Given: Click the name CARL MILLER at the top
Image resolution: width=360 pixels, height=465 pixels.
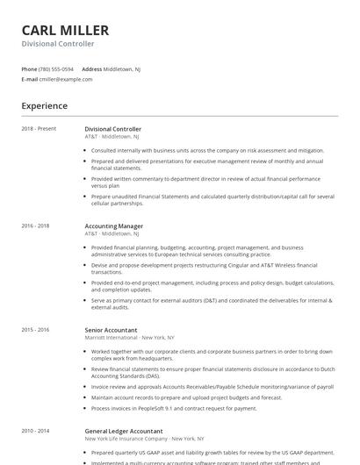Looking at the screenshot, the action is (x=65, y=31).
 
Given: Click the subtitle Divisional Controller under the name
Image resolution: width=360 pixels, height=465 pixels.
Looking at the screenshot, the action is (x=58, y=44).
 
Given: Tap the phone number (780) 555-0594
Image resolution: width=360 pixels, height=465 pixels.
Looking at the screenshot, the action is (x=57, y=68).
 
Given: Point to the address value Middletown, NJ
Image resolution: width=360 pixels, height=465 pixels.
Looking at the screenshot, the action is (x=122, y=68).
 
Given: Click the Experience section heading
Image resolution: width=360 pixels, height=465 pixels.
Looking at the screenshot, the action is (x=45, y=106).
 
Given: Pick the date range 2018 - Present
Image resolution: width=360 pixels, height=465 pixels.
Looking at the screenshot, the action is (x=39, y=129).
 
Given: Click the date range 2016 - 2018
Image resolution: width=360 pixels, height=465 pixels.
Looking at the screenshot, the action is (x=36, y=225).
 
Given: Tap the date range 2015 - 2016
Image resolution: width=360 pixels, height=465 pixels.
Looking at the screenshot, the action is (x=36, y=329).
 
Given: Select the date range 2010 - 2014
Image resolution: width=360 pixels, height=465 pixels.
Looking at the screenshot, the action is (x=36, y=431).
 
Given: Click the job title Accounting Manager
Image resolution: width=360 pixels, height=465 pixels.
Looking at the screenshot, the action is (x=114, y=226).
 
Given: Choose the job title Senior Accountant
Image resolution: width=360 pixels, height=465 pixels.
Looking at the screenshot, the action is (x=111, y=330).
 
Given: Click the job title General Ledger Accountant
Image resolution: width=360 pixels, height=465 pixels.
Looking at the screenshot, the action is (x=124, y=431).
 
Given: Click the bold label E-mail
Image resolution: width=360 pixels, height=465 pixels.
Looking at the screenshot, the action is (x=30, y=79).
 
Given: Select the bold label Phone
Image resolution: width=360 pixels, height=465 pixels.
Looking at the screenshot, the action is (x=30, y=68).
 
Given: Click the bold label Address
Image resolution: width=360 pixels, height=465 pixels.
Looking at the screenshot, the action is (x=91, y=68).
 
